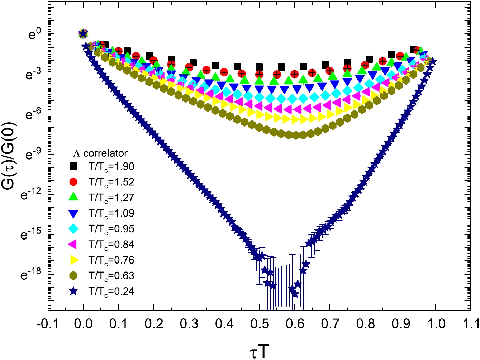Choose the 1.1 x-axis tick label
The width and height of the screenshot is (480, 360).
pyautogui.click(x=470, y=324)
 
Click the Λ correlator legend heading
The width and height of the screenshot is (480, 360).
pyautogui.click(x=100, y=153)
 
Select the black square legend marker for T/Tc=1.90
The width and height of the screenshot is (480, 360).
pyautogui.click(x=73, y=166)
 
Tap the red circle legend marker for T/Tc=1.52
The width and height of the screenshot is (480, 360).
pyautogui.click(x=73, y=182)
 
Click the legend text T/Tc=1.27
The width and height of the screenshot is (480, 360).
pyautogui.click(x=111, y=198)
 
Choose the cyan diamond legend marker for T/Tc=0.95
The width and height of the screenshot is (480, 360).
pyautogui.click(x=73, y=229)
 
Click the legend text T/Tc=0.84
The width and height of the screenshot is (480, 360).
pyautogui.click(x=111, y=245)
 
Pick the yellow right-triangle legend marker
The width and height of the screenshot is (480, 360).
pyautogui.click(x=74, y=260)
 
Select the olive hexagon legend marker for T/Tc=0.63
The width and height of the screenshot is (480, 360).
pyautogui.click(x=73, y=275)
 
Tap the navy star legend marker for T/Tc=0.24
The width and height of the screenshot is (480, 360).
pyautogui.click(x=73, y=291)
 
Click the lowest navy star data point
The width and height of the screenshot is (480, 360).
pyautogui.click(x=295, y=294)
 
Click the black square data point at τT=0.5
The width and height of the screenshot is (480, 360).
pyautogui.click(x=259, y=67)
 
